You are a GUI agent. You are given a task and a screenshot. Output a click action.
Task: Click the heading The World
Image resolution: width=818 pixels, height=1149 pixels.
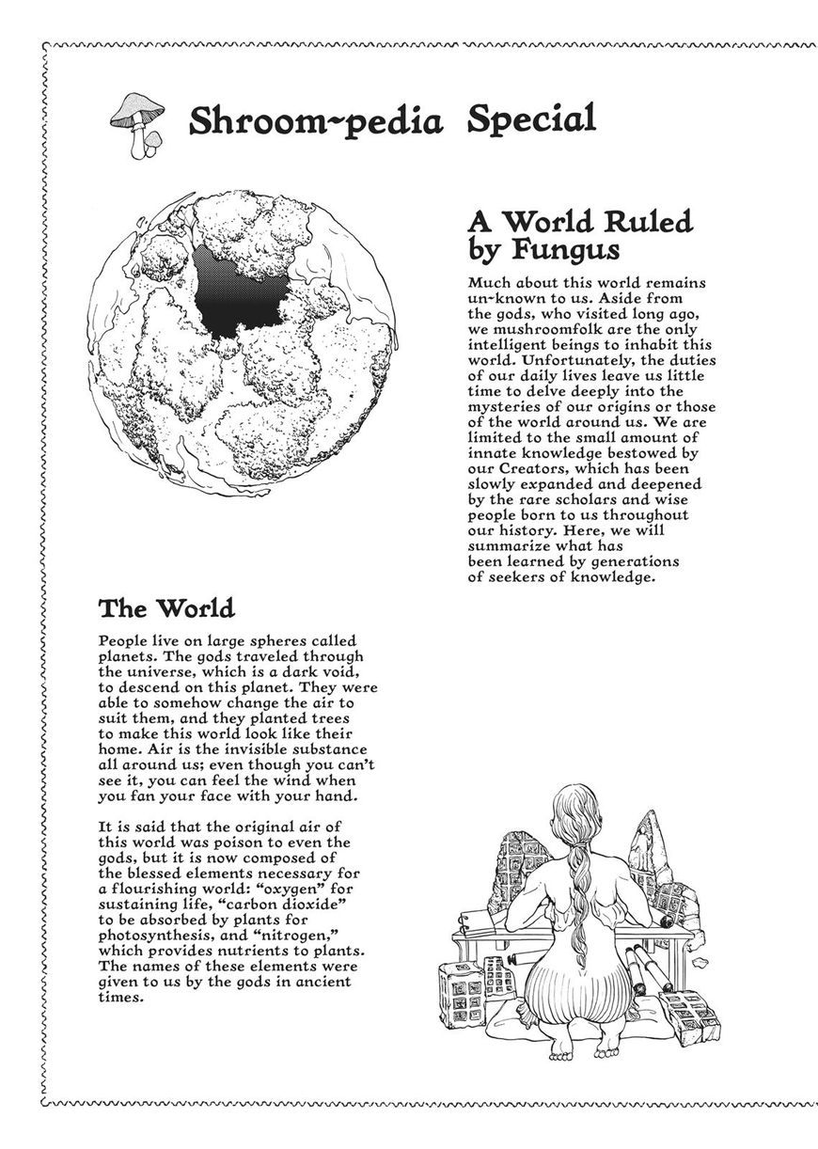166,608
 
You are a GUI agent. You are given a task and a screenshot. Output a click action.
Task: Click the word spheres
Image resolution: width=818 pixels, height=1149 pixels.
249,640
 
